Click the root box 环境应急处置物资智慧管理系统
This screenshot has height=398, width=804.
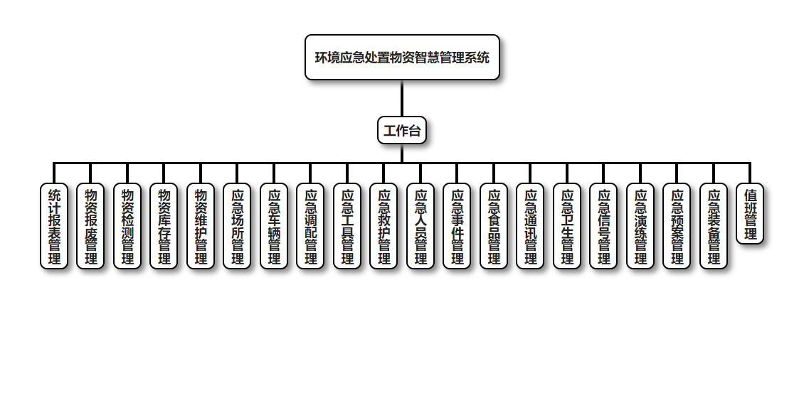pyautogui.click(x=402, y=58)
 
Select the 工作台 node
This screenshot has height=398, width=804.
pyautogui.click(x=402, y=130)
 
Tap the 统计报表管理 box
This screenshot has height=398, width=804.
pyautogui.click(x=54, y=226)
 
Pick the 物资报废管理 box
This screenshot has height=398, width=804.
pyautogui.click(x=90, y=226)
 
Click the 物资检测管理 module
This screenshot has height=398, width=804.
pyautogui.click(x=127, y=226)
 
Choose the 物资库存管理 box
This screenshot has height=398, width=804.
pyautogui.click(x=164, y=226)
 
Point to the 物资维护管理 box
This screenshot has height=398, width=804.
pyautogui.click(x=201, y=226)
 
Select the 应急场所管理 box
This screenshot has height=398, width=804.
pyautogui.click(x=237, y=226)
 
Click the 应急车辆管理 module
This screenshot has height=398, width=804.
pyautogui.click(x=274, y=226)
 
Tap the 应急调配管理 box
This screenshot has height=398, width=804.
pyautogui.click(x=310, y=226)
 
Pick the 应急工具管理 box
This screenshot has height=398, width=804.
pyautogui.click(x=347, y=226)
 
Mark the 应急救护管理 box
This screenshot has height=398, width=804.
pyautogui.click(x=384, y=226)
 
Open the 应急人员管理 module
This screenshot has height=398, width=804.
pyautogui.click(x=420, y=226)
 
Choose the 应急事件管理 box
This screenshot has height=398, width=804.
pyautogui.click(x=457, y=226)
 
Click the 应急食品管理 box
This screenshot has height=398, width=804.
pyautogui.click(x=494, y=226)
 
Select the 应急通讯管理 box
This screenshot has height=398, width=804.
pyautogui.click(x=530, y=226)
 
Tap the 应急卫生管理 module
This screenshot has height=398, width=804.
pyautogui.click(x=567, y=226)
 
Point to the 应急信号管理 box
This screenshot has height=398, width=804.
pyautogui.click(x=603, y=226)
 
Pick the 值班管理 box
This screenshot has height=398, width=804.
pyautogui.click(x=750, y=214)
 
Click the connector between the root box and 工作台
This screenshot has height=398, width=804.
pyautogui.click(x=402, y=99)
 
